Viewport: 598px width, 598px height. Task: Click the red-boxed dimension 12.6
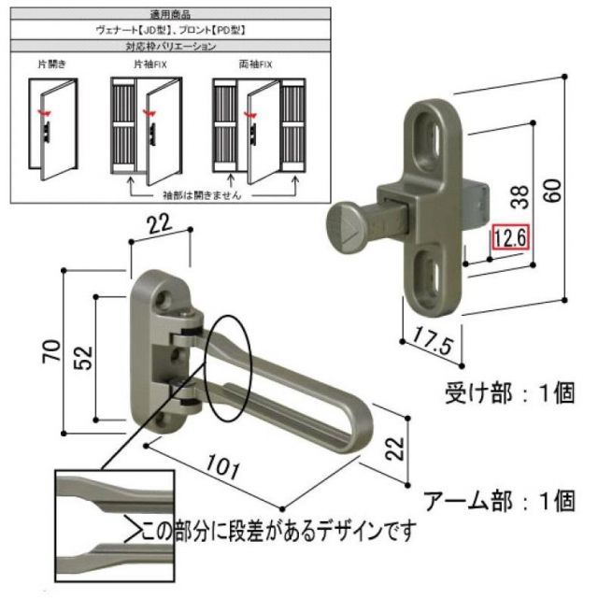click(x=510, y=238)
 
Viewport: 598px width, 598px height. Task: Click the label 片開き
click(x=51, y=65)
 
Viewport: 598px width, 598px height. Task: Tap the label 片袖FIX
click(x=149, y=65)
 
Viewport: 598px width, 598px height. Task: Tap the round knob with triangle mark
click(x=347, y=228)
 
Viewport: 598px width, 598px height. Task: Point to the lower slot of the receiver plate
click(x=431, y=275)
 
